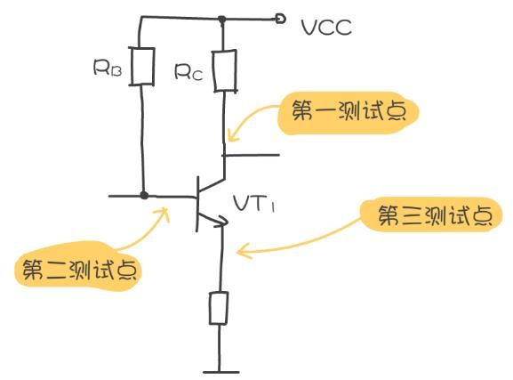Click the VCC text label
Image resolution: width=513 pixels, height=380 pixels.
326,28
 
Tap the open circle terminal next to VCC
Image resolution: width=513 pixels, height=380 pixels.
281,17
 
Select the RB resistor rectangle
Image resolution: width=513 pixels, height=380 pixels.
142,67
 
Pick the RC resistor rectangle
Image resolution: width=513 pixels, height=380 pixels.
223,71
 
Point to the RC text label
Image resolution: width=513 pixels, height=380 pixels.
189,73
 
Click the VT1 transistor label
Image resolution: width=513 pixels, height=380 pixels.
256,205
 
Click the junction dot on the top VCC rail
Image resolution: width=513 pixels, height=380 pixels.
221,17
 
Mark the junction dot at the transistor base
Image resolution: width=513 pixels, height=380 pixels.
143,194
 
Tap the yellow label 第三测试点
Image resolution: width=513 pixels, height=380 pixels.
432,216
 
